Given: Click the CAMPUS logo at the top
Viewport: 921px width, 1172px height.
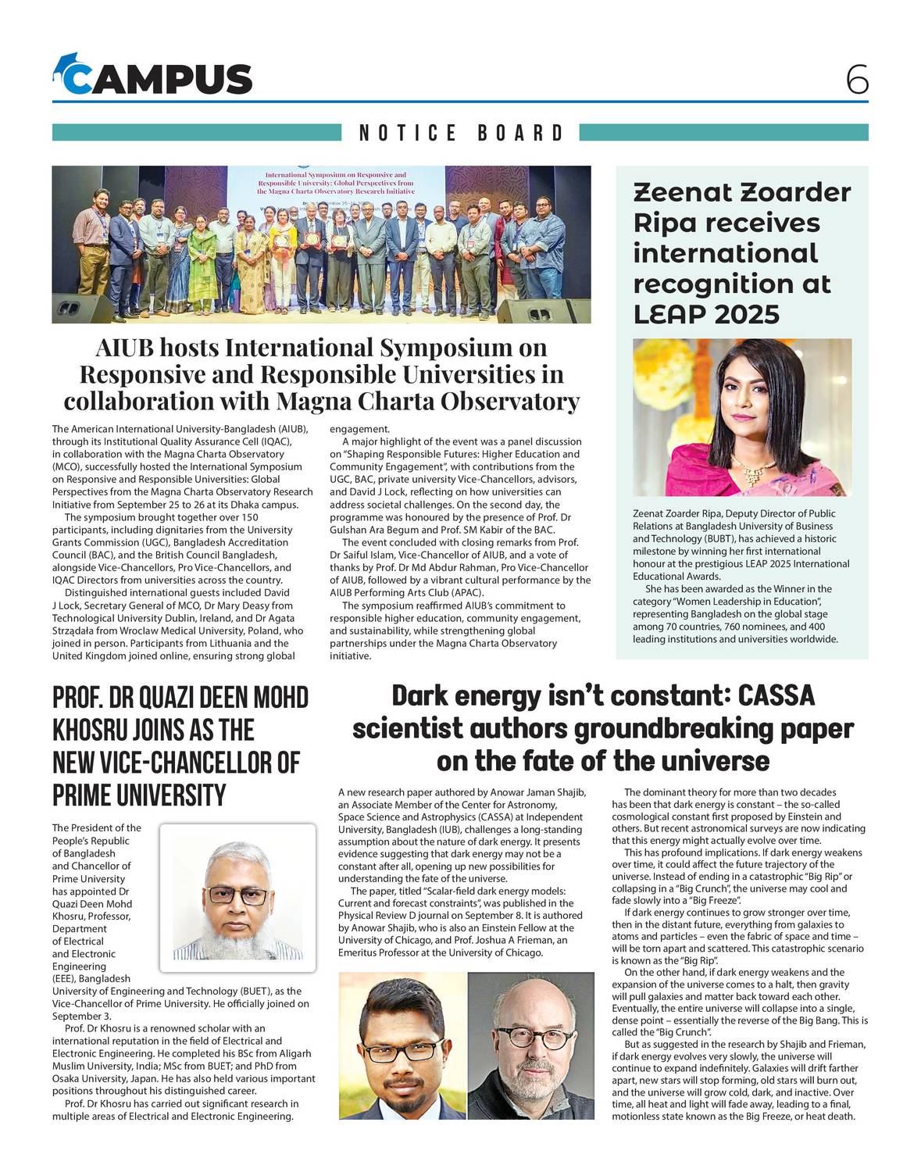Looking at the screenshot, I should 153,77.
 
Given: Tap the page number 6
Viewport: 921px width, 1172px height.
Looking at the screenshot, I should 856,80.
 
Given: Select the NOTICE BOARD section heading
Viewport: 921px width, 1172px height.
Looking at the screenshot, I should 461,133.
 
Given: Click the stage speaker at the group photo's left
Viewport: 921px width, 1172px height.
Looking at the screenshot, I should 84,307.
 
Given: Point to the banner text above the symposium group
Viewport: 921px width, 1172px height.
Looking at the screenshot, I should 335,183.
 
